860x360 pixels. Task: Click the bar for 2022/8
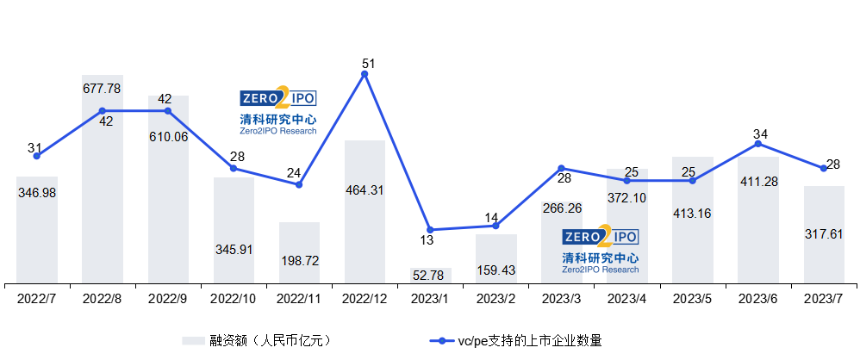point(103,179)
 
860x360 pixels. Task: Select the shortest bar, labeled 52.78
point(431,276)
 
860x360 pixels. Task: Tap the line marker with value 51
point(365,74)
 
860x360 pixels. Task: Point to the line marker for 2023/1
point(430,230)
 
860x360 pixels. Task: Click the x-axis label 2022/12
point(365,299)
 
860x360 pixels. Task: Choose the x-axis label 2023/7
point(825,299)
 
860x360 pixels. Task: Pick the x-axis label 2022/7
point(37,299)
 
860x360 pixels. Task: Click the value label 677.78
point(102,88)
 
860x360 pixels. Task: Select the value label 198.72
point(300,261)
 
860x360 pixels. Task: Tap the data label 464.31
point(365,190)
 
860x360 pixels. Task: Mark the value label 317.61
point(824,234)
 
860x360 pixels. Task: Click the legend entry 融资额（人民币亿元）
point(258,341)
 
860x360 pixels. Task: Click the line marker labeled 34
point(758,144)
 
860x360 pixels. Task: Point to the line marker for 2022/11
point(299,184)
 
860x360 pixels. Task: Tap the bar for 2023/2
point(496,258)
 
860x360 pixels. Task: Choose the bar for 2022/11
point(300,252)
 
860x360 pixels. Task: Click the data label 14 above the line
point(491,218)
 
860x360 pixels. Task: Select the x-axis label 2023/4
point(627,299)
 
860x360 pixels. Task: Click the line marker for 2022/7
point(37,156)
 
